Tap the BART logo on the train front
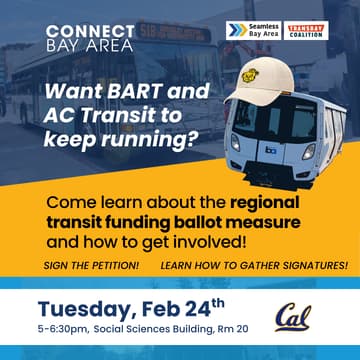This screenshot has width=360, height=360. click(270, 149)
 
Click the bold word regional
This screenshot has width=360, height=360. click(267, 202)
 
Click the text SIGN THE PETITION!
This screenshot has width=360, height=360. click(91, 265)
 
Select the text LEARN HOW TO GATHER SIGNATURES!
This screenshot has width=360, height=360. click(254, 265)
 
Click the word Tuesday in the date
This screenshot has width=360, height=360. click(85, 305)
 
